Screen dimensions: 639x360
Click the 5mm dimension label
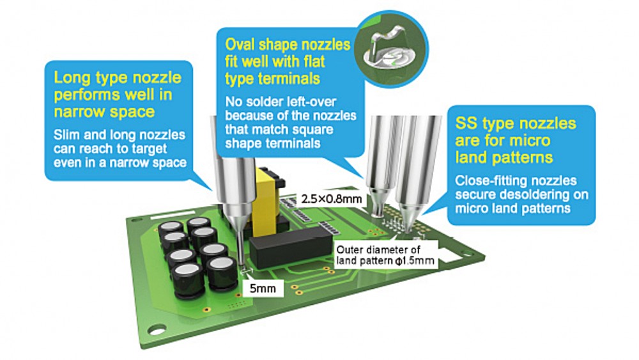click(x=263, y=288)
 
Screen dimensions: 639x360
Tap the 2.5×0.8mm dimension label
click(x=331, y=199)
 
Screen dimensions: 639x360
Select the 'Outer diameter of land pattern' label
click(x=385, y=254)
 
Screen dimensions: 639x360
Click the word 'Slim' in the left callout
click(x=67, y=134)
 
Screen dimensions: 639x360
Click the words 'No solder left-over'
click(x=281, y=102)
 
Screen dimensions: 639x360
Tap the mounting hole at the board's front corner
click(x=157, y=329)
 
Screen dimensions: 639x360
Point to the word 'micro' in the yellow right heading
click(x=530, y=141)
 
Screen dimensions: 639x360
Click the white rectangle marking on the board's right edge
click(x=449, y=256)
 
